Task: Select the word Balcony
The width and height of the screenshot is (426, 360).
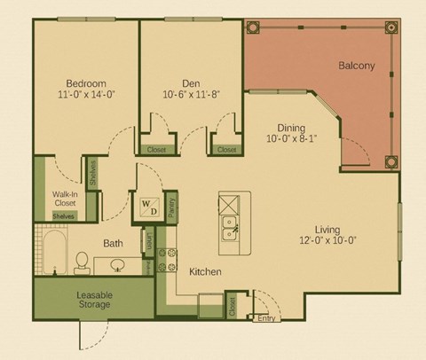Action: pyautogui.click(x=356, y=66)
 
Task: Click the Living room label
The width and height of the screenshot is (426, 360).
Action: pyautogui.click(x=330, y=226)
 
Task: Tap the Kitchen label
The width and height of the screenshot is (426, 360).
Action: pyautogui.click(x=205, y=271)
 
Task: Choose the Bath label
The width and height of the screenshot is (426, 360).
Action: pyautogui.click(x=113, y=242)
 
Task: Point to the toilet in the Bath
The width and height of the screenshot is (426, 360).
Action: pyautogui.click(x=82, y=262)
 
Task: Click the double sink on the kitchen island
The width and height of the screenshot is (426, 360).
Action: pyautogui.click(x=229, y=227)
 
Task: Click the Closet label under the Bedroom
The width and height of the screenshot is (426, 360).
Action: pyautogui.click(x=157, y=149)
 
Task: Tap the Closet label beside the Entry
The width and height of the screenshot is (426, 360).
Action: pyautogui.click(x=233, y=306)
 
